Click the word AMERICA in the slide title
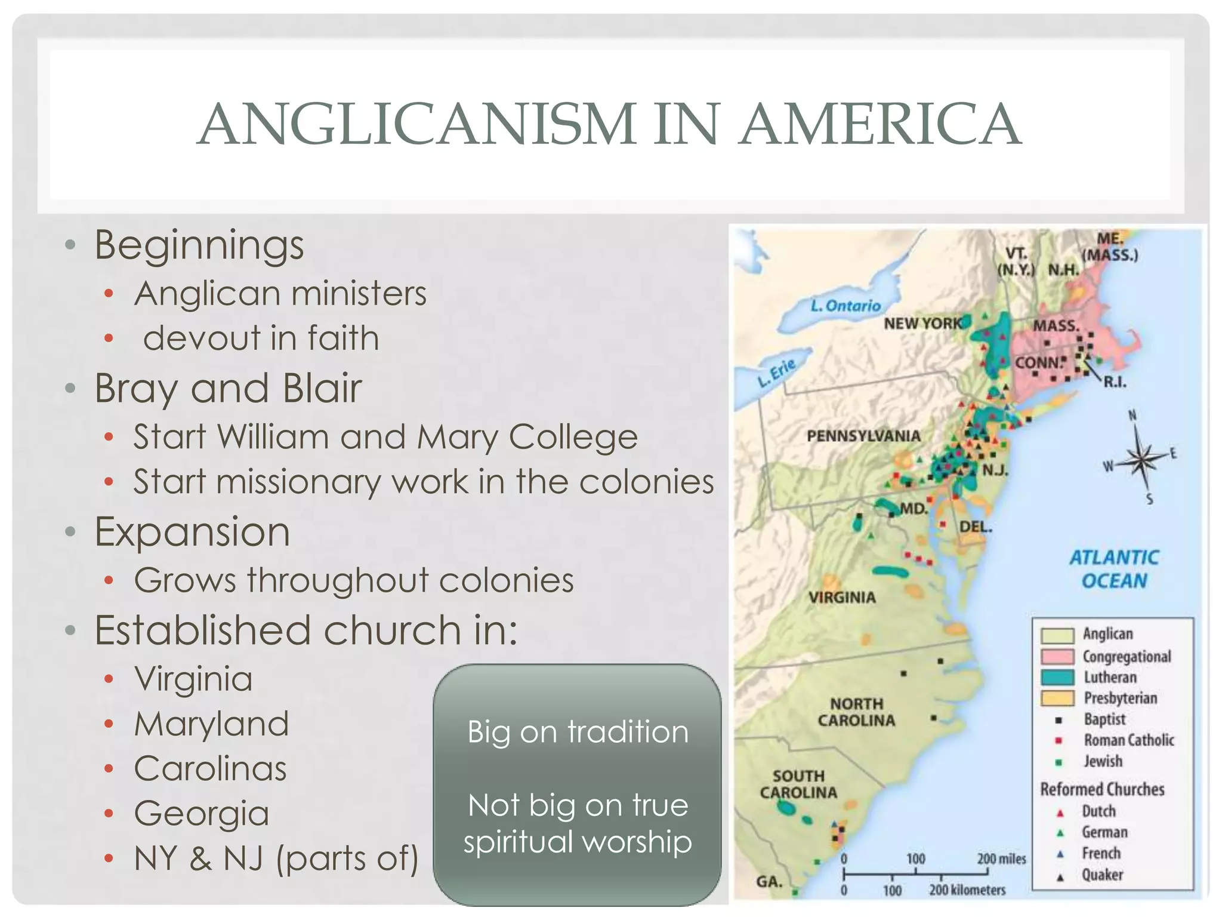point(880,124)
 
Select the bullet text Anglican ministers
point(280,294)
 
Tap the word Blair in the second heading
point(322,388)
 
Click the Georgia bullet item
point(202,813)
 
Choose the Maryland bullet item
point(211,724)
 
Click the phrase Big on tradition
point(578,732)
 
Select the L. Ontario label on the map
point(845,306)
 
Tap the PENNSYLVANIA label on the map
point(863,436)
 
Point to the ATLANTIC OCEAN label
point(1114,569)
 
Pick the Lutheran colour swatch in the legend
point(1057,678)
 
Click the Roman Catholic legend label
point(1129,740)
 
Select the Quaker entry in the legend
point(1102,875)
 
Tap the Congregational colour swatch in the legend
point(1057,656)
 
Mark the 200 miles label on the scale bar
point(1001,859)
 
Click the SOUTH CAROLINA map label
point(798,784)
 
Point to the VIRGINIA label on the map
point(842,598)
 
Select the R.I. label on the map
point(1115,382)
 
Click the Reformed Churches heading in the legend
point(1102,789)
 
